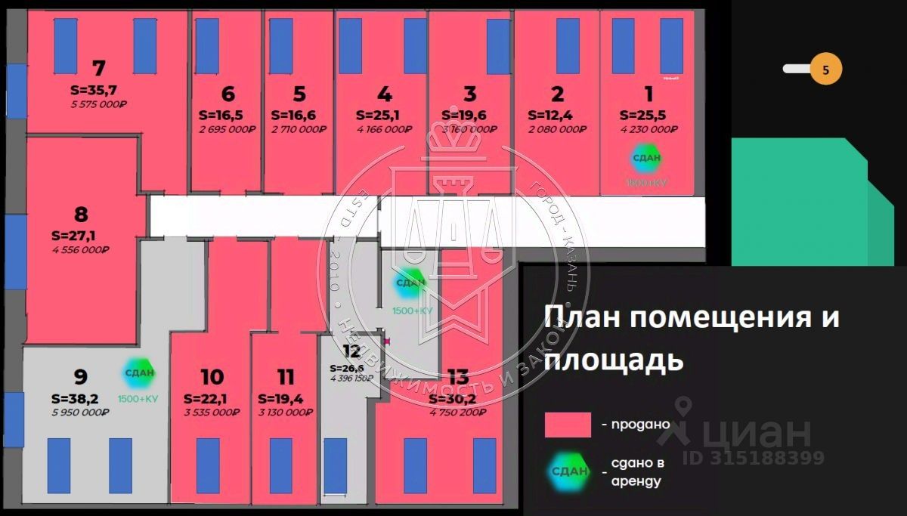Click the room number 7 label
pyautogui.click(x=98, y=69)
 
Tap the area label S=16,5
pyautogui.click(x=221, y=116)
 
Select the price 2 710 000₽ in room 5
pyautogui.click(x=299, y=129)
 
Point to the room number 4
pyautogui.click(x=385, y=94)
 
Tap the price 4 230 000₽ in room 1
pyautogui.click(x=649, y=129)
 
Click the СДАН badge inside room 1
pyautogui.click(x=646, y=158)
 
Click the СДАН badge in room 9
pyautogui.click(x=140, y=372)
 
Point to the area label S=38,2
pyautogui.click(x=75, y=398)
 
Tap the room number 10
pyautogui.click(x=212, y=376)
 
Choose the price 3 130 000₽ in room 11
pyautogui.click(x=286, y=412)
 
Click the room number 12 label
pyautogui.click(x=351, y=351)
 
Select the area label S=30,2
pyautogui.click(x=453, y=399)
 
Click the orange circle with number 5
pyautogui.click(x=825, y=70)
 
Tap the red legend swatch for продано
pyautogui.click(x=568, y=425)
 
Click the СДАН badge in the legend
pyautogui.click(x=569, y=472)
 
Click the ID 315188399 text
pyautogui.click(x=753, y=458)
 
